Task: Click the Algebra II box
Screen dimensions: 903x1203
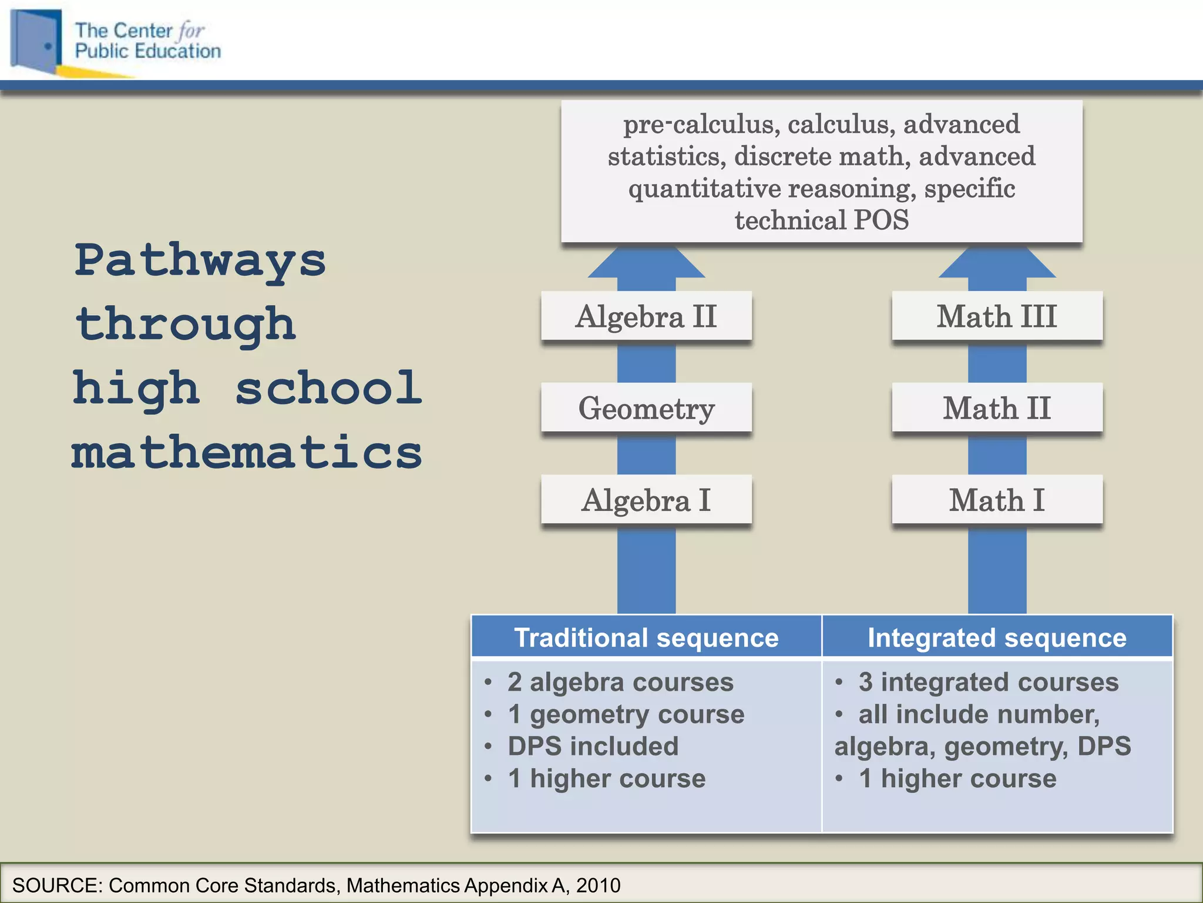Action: click(x=646, y=316)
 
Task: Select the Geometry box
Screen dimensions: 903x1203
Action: click(x=646, y=408)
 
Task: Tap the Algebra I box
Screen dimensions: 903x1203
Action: click(x=646, y=500)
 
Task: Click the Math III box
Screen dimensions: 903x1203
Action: click(x=997, y=316)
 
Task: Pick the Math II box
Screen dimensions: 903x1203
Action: click(x=997, y=408)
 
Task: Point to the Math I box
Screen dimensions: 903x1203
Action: click(x=997, y=500)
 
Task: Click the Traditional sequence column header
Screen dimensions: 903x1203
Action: click(x=646, y=637)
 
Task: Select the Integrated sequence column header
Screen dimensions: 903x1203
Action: click(x=997, y=637)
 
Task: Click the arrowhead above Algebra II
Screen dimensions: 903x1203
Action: click(x=646, y=263)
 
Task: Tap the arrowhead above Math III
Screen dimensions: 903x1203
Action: click(x=997, y=263)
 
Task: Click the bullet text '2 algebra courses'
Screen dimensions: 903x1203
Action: click(x=620, y=682)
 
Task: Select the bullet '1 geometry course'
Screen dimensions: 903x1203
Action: click(x=626, y=714)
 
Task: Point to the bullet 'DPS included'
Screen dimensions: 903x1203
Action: click(x=593, y=746)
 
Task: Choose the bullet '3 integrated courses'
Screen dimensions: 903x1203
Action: click(x=988, y=682)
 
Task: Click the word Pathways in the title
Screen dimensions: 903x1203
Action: click(x=200, y=260)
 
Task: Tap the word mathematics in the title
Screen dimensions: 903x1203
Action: click(x=247, y=453)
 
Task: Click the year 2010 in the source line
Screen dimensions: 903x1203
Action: click(x=598, y=885)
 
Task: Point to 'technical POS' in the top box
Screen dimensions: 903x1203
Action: click(x=821, y=220)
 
